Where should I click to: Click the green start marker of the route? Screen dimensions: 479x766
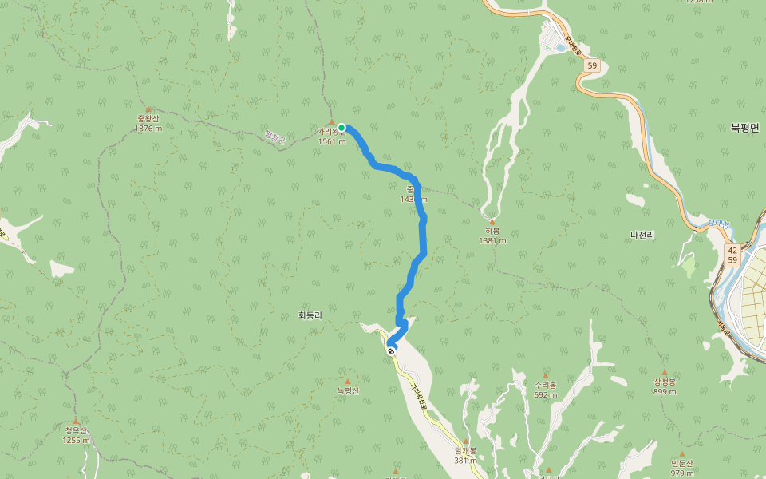click(x=342, y=128)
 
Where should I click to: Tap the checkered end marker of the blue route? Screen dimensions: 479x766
click(x=391, y=350)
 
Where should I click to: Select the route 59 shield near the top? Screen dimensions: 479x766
click(x=590, y=65)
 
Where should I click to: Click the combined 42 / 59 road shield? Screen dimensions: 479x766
click(x=732, y=255)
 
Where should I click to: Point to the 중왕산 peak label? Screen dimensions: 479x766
click(x=148, y=119)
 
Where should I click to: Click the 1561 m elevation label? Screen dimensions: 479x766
click(x=332, y=141)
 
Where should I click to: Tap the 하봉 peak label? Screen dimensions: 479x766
click(x=492, y=232)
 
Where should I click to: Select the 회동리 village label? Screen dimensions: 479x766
click(x=310, y=315)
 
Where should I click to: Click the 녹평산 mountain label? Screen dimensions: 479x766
click(x=348, y=390)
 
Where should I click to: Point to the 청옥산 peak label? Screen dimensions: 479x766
click(x=77, y=430)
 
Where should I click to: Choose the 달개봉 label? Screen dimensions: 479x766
click(x=465, y=450)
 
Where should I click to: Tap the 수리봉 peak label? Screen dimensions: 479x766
click(x=546, y=385)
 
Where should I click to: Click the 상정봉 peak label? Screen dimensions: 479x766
click(x=665, y=382)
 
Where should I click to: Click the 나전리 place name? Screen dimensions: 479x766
click(x=642, y=235)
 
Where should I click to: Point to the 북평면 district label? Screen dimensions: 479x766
click(x=744, y=127)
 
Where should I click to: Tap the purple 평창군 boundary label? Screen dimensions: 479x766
click(x=275, y=138)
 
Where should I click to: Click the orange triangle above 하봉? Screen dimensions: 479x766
click(x=492, y=222)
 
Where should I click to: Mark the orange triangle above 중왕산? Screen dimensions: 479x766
click(x=148, y=109)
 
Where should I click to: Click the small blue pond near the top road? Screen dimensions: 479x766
click(x=560, y=48)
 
